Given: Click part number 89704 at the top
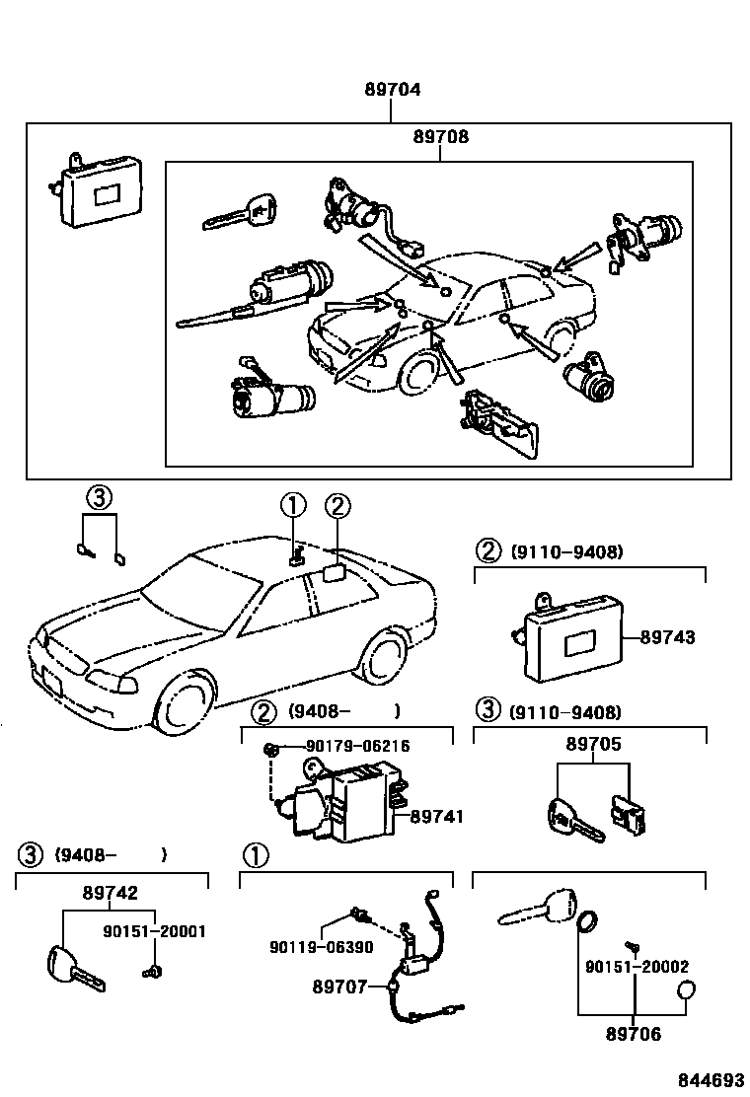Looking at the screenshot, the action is click(x=392, y=90).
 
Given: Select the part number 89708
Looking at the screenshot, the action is click(x=441, y=136).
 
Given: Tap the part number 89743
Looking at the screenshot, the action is click(x=668, y=636).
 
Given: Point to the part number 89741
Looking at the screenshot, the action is click(x=437, y=816).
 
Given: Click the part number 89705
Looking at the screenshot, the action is click(x=593, y=744).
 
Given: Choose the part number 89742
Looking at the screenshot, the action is click(x=110, y=893).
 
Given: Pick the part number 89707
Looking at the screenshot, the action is click(x=340, y=987).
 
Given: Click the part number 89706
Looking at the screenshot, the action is click(x=634, y=1034).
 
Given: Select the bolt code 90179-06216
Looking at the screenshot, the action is click(x=357, y=746).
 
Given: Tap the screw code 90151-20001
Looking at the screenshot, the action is click(x=154, y=931).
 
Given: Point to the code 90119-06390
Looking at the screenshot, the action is click(x=321, y=947).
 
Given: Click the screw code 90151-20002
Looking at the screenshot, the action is click(x=637, y=967).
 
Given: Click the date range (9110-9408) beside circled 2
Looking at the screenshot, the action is click(x=566, y=552).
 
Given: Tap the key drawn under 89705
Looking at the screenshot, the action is click(x=575, y=820).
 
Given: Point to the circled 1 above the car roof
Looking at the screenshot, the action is click(x=294, y=505).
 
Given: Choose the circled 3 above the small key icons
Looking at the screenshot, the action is click(x=99, y=498).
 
